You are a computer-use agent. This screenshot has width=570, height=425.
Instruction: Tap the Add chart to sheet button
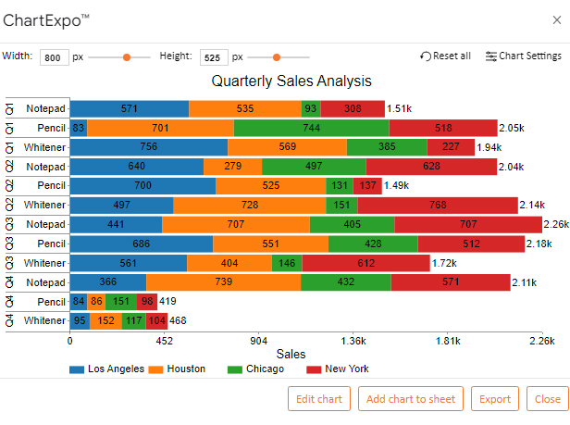tap(411, 399)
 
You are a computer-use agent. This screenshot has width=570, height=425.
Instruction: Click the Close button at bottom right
tap(547, 399)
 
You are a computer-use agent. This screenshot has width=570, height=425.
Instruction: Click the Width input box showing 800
tap(53, 57)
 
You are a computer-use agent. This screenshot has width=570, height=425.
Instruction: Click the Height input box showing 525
tap(213, 57)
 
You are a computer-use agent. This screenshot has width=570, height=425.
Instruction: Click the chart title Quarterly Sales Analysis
tap(291, 81)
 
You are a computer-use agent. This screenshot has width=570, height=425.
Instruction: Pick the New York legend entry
tap(338, 369)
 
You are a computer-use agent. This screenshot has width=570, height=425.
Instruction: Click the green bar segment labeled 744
tap(311, 128)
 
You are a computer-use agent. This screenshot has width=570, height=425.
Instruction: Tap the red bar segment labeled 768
tap(438, 205)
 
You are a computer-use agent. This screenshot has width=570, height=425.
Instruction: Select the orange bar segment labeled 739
tap(223, 282)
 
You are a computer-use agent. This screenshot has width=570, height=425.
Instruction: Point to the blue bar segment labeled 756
tap(148, 147)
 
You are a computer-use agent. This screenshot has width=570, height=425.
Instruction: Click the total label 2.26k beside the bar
tap(556, 224)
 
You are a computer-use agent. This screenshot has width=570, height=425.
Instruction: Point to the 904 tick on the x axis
tap(258, 340)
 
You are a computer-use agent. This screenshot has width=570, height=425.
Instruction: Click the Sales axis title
tap(291, 354)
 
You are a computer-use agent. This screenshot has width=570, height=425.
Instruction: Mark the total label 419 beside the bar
tap(167, 302)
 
